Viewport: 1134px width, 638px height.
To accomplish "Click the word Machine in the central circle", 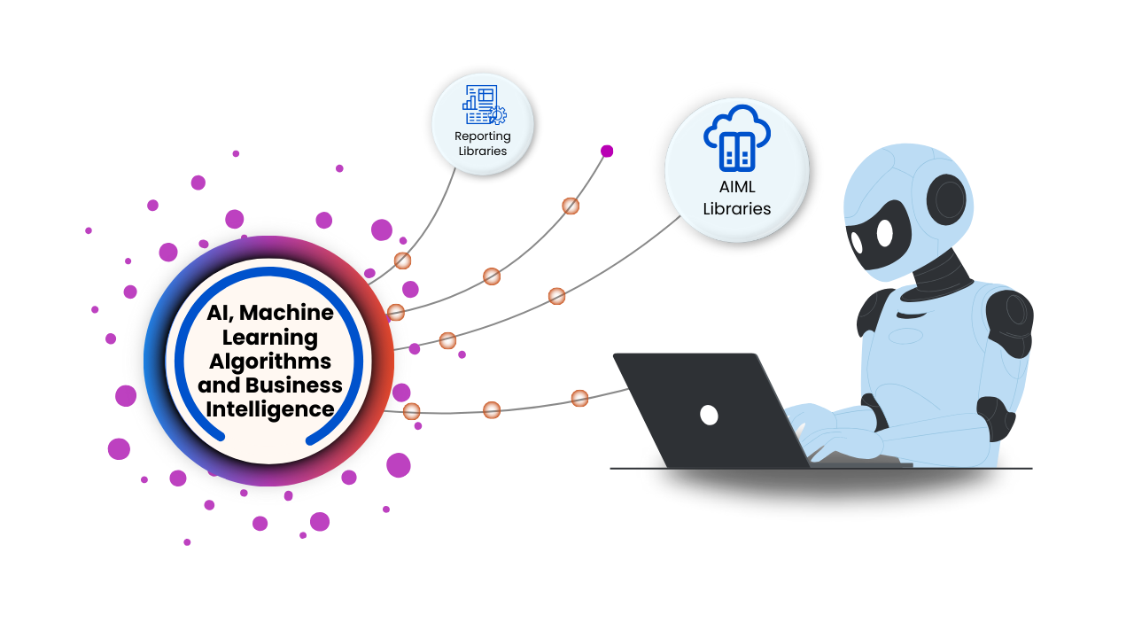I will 286,313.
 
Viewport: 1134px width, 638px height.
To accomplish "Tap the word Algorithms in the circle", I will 270,362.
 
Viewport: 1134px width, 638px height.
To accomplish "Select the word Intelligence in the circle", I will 270,409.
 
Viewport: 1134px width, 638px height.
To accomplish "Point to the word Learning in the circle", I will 269,338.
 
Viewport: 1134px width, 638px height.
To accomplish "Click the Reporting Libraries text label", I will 483,144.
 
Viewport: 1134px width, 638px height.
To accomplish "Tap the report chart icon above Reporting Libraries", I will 484,105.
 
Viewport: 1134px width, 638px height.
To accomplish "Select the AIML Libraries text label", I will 737,198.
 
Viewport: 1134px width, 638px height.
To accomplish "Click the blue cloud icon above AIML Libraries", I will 737,140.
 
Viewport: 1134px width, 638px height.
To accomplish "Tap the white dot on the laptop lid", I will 709,415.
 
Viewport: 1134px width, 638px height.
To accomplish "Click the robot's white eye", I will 884,233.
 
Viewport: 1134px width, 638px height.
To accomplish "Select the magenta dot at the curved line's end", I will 607,151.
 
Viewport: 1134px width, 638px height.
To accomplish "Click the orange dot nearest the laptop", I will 579,398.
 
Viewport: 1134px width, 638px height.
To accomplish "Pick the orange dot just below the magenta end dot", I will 571,206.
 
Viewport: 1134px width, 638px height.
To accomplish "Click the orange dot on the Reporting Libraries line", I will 402,261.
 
